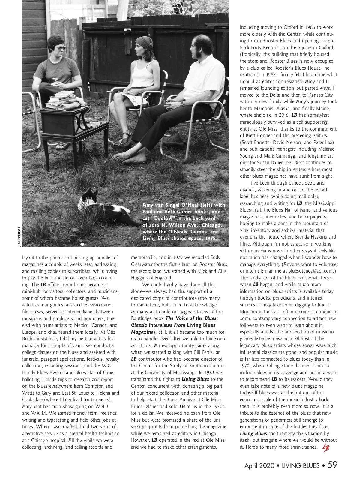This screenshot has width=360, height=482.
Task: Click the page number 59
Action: [332, 465]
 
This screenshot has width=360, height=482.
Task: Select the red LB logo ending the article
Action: [325, 447]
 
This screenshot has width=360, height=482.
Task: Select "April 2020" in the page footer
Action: [259, 465]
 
